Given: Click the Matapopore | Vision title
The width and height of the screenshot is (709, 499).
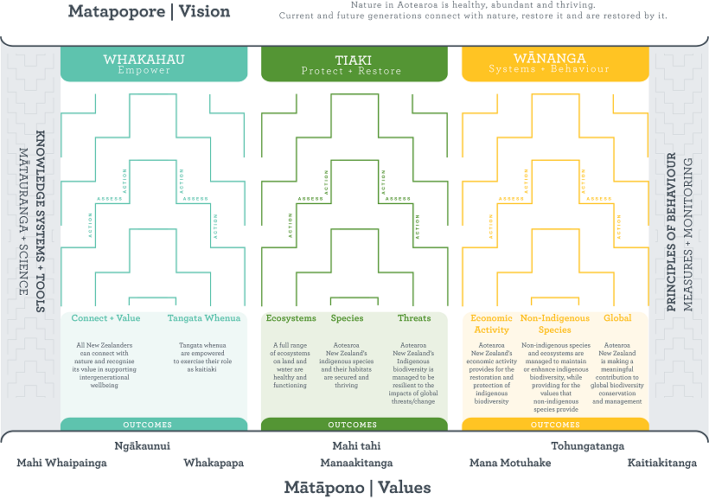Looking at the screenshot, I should coord(149,12).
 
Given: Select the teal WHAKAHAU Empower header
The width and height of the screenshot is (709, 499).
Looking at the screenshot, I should coord(144,64).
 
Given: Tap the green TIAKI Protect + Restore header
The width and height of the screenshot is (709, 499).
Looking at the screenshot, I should coord(354,64).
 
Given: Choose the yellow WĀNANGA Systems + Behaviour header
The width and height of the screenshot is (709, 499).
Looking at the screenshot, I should coord(555,64).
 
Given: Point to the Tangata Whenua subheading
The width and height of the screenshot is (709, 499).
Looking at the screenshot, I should coord(203,318).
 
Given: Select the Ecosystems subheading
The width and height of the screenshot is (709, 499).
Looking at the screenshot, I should coord(291,318).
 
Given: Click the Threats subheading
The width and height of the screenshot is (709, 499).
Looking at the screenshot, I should coord(414,318).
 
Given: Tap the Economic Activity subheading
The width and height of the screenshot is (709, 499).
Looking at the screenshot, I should coord(491,323).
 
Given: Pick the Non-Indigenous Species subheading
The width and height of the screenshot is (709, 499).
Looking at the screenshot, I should coord(554,323).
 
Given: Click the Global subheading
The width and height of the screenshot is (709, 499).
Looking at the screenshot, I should coord(617,318).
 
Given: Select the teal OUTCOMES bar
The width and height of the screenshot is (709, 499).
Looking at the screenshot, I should coord(144,425).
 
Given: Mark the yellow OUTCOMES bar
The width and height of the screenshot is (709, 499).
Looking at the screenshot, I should coord(555,425).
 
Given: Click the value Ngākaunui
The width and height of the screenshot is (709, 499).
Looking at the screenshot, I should coord(142,446).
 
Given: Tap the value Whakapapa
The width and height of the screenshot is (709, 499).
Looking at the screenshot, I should coord(214,463).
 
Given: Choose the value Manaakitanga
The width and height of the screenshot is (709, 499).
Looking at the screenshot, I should coord(356,463).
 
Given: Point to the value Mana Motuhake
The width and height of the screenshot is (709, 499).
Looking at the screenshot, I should coord(510,463).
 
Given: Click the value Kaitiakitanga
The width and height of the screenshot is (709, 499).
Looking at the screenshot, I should coord(661,463).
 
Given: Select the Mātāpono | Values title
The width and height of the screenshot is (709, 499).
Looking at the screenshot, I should coord(357,487).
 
